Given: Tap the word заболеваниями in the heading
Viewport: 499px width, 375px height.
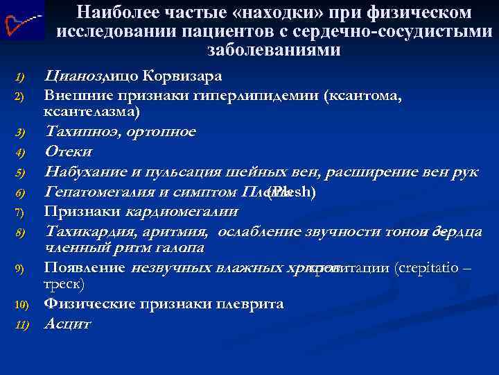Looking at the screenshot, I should pyautogui.click(x=274, y=50).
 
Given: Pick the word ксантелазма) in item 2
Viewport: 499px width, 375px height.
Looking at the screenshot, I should pyautogui.click(x=91, y=110).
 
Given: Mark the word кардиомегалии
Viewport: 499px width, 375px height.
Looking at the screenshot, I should pyautogui.click(x=182, y=210).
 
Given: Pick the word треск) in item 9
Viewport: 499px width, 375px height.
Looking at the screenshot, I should pyautogui.click(x=64, y=284).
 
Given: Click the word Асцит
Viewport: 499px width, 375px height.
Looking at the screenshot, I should pyautogui.click(x=67, y=323).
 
